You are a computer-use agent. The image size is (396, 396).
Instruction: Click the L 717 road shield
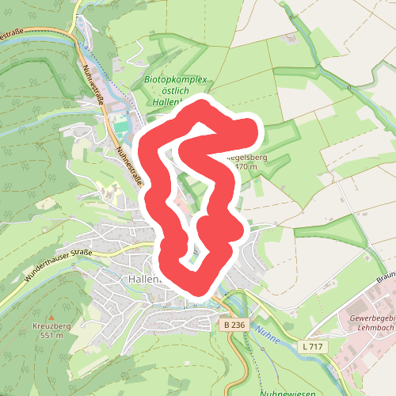click(313, 347)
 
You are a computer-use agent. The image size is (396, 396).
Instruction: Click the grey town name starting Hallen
click(143, 279)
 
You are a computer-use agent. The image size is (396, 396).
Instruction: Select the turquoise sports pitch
click(120, 125)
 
